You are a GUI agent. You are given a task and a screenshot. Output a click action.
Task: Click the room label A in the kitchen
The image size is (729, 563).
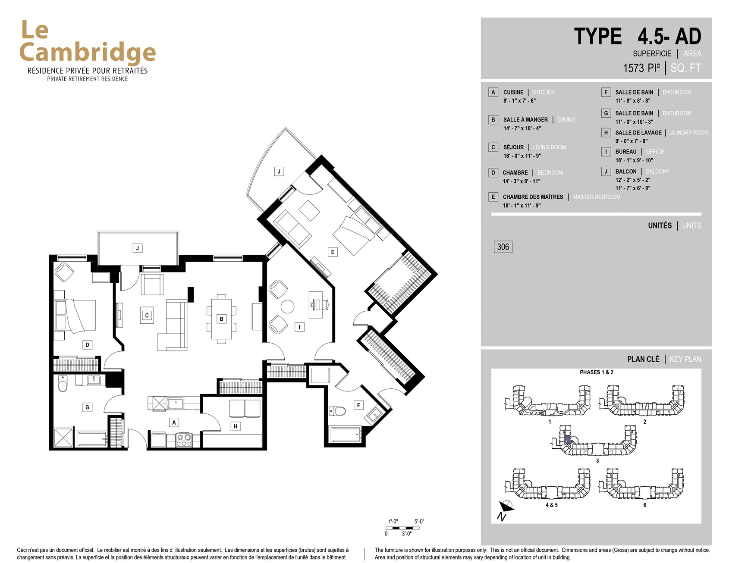click(174, 422)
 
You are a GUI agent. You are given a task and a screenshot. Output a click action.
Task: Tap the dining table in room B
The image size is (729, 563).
click(221, 319)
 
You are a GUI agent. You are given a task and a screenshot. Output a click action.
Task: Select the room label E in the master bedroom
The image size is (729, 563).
click(332, 252)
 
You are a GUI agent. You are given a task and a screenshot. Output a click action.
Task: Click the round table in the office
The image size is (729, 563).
click(287, 307)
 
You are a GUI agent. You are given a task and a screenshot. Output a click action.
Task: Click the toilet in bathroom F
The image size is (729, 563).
click(337, 411)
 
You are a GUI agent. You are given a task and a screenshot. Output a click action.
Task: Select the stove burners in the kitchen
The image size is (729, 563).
click(184, 440)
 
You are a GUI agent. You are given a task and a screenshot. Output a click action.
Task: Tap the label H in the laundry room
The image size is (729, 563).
click(235, 426)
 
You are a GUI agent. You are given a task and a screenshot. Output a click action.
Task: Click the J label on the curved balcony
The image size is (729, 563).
click(279, 172)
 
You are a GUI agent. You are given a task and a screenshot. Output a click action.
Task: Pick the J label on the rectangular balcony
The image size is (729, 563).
click(138, 248)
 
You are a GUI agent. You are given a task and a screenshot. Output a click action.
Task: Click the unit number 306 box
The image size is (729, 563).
click(503, 247)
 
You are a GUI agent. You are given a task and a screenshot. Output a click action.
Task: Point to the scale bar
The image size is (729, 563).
click(402, 528)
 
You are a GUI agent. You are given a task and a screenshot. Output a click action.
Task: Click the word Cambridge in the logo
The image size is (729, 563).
click(88, 53)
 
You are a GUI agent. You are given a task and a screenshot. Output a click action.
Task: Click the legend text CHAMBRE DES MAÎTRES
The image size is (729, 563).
click(533, 197)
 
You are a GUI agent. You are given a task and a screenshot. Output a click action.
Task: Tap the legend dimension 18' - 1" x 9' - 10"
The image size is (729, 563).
click(634, 160)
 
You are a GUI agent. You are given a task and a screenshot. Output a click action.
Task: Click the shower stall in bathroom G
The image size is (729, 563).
click(63, 438)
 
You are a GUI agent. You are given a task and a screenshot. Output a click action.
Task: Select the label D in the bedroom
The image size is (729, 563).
click(87, 345)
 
